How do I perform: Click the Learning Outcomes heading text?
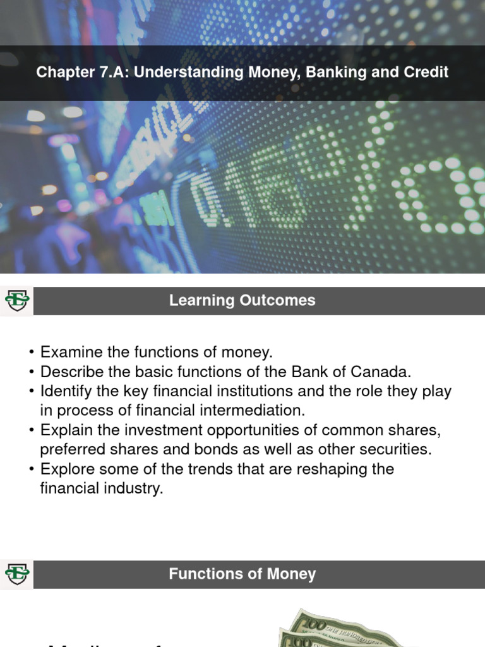coord(242,301)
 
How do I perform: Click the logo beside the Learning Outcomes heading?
coord(16,301)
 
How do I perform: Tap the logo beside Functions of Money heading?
coord(16,574)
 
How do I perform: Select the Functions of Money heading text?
coord(242,574)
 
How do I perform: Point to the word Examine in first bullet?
coord(67,352)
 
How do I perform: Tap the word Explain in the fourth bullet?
coord(64,430)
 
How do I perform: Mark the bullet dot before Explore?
coord(31,469)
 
